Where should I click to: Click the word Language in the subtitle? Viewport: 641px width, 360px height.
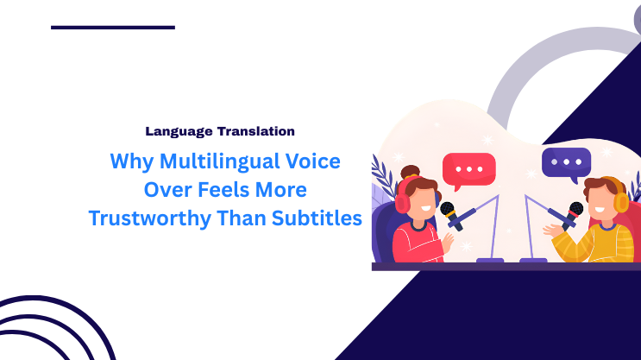coord(178,132)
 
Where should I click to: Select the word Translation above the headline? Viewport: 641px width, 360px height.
coord(254,132)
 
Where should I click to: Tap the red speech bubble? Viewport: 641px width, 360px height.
coord(468,169)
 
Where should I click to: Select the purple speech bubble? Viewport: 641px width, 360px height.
coord(566,163)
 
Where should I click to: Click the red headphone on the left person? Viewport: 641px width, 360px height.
coord(403,202)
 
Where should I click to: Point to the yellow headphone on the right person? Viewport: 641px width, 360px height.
coord(620,199)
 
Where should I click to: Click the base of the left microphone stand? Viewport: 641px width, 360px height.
coord(490,260)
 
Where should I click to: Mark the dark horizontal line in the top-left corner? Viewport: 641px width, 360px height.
coord(112,28)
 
